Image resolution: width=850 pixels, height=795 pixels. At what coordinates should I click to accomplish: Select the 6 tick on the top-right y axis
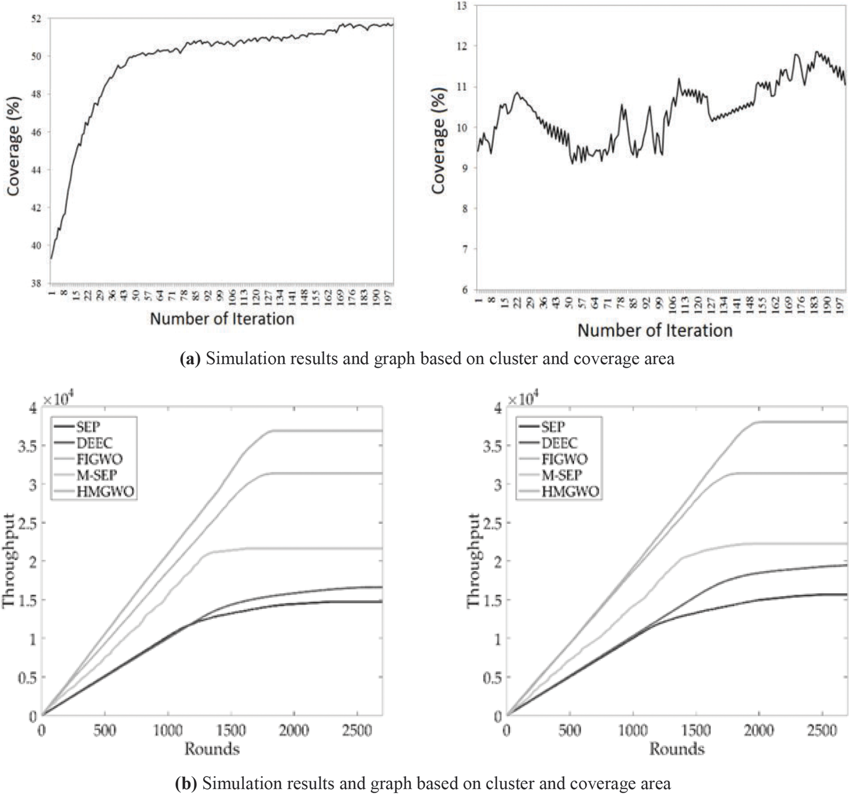click(x=466, y=289)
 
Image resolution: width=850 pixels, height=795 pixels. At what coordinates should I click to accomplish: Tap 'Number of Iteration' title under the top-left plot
click(x=222, y=318)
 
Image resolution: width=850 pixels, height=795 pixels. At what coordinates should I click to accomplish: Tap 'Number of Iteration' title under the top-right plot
click(x=655, y=330)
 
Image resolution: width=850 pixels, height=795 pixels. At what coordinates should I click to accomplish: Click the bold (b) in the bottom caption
click(x=185, y=784)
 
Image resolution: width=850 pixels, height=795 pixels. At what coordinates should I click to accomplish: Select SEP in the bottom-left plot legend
click(x=88, y=426)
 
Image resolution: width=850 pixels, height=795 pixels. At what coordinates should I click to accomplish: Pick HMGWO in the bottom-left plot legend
click(x=105, y=491)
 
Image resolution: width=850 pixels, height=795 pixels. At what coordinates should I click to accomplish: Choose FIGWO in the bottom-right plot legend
click(x=564, y=459)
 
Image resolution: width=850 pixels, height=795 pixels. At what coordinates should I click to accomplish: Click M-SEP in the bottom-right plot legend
click(x=562, y=475)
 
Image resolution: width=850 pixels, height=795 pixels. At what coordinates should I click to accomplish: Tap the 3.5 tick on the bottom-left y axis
click(x=27, y=446)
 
